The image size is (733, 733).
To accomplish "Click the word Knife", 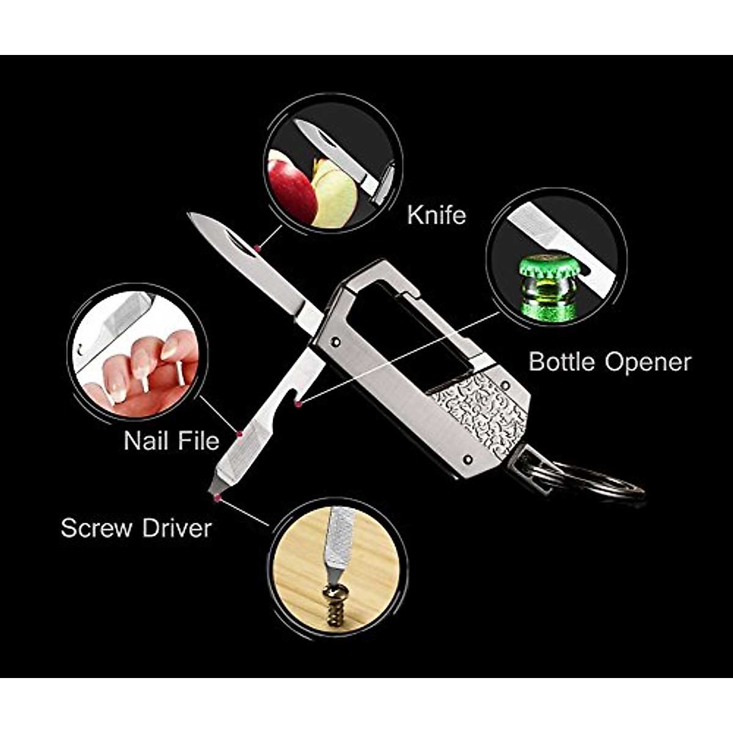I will tap(436, 215).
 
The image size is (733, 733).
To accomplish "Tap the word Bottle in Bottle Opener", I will tap(561, 362).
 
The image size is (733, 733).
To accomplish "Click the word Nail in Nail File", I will tap(145, 440).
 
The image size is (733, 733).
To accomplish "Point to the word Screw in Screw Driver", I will tap(98, 528).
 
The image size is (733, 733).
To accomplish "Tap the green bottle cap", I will tap(548, 269).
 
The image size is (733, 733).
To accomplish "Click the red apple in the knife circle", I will tap(290, 186).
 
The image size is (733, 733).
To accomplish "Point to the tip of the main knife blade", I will tap(191, 214).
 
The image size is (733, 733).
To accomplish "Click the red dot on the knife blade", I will tap(258, 248).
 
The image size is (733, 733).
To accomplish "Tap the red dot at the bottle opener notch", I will tap(297, 404).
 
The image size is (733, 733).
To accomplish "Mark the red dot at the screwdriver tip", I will tap(217, 498).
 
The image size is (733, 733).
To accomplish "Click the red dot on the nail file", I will tap(239, 434).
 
